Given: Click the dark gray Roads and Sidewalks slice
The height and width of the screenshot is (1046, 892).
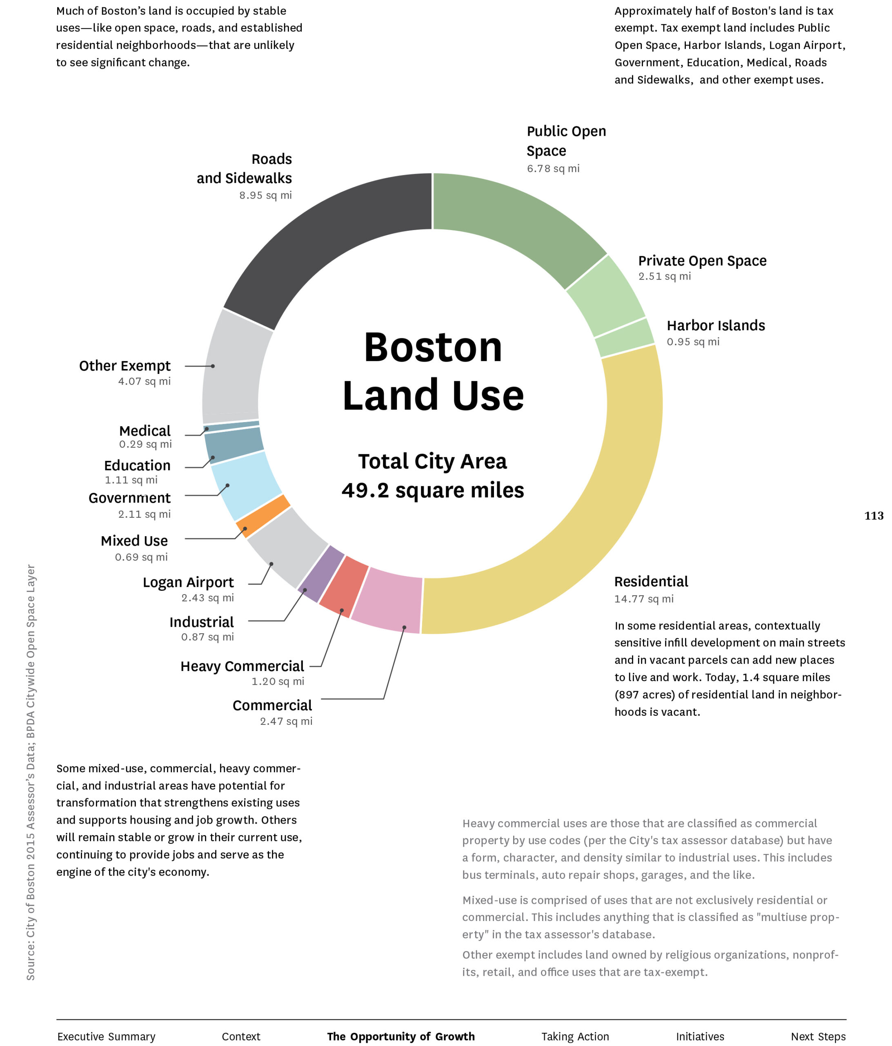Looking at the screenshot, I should click(x=323, y=237).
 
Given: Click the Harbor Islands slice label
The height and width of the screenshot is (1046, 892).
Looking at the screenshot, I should click(x=715, y=326).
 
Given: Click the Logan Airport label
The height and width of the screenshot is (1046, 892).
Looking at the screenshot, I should click(x=188, y=583).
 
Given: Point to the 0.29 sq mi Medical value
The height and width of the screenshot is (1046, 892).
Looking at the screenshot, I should click(x=145, y=444).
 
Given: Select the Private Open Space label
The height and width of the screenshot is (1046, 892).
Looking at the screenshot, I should click(x=702, y=261).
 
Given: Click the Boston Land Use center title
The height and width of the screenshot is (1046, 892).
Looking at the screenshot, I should click(x=433, y=371).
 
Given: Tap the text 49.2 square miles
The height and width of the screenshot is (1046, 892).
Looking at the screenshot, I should click(x=433, y=491).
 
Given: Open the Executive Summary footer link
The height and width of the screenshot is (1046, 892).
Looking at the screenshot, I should click(x=107, y=1037).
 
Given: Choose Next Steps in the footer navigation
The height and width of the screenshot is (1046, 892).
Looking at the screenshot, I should click(x=818, y=1037).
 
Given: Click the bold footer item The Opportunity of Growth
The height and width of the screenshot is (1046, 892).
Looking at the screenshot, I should click(x=400, y=1037).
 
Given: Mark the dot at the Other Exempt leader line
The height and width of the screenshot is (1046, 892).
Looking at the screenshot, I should click(x=213, y=366).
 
